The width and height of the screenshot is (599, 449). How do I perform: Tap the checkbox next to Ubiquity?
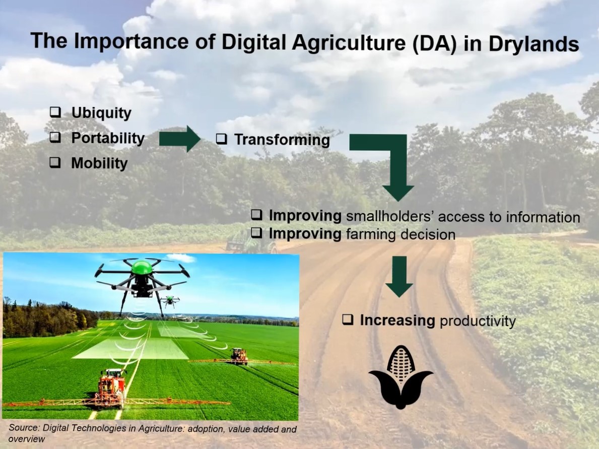point(55,112)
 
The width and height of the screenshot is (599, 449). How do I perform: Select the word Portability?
point(108,139)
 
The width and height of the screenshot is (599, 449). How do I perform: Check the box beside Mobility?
point(55,163)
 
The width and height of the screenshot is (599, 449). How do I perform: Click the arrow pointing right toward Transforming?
point(179,139)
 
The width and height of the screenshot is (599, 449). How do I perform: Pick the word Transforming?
point(282,140)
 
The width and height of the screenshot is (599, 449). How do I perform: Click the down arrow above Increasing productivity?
point(399,276)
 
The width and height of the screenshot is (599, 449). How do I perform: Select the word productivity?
point(478,322)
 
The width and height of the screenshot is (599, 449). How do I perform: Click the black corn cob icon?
point(401,377)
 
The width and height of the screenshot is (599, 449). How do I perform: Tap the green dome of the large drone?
point(142,267)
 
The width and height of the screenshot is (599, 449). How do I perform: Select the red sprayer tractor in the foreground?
point(111,387)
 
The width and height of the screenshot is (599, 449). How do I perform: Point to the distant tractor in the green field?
point(239,356)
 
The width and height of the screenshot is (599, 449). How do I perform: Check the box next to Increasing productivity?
point(348,319)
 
